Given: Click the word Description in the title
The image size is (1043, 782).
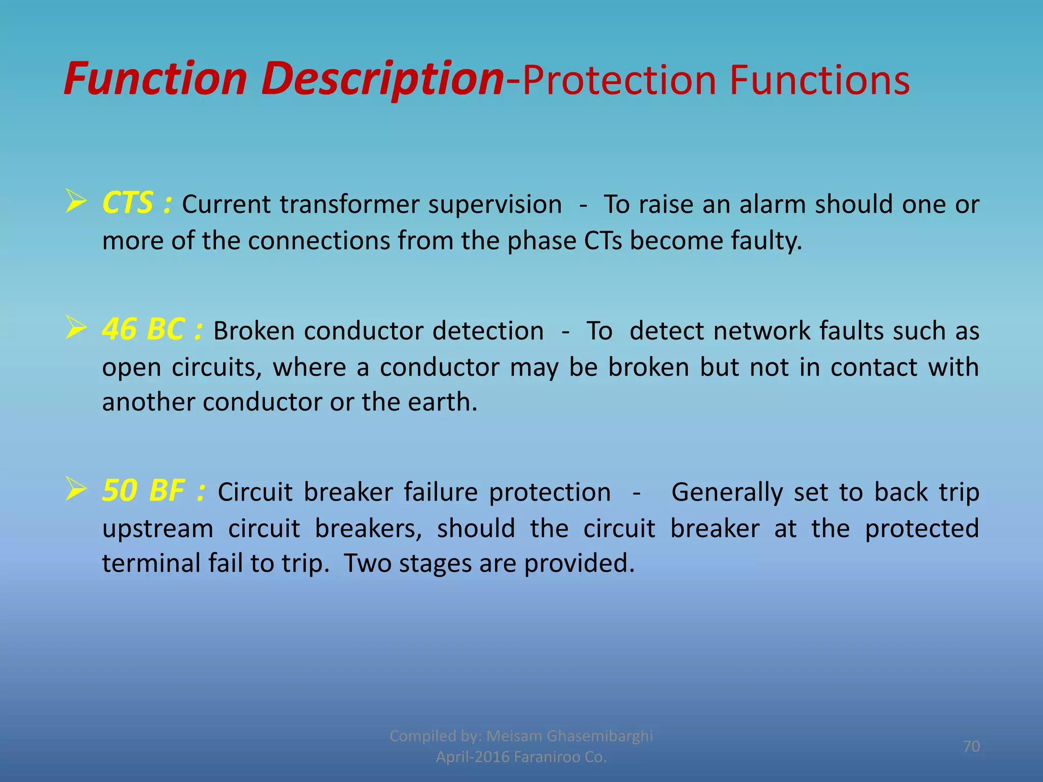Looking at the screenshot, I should point(382,79).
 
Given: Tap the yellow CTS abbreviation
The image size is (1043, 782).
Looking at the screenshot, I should point(127,203).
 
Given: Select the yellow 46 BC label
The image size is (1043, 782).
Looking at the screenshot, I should point(143,329).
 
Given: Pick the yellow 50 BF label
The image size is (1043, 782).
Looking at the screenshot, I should point(144,491).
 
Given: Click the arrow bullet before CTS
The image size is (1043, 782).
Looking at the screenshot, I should point(76,202).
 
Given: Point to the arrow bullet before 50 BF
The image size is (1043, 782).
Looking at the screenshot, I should point(76,490).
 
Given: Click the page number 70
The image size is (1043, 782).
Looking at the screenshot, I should point(971,746).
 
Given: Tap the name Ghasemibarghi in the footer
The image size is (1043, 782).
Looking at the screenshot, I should point(599,736).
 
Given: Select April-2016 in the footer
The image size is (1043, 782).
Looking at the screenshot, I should point(473,757).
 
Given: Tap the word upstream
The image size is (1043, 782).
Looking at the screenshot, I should point(157,528).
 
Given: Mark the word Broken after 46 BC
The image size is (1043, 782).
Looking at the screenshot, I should point(254,331).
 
